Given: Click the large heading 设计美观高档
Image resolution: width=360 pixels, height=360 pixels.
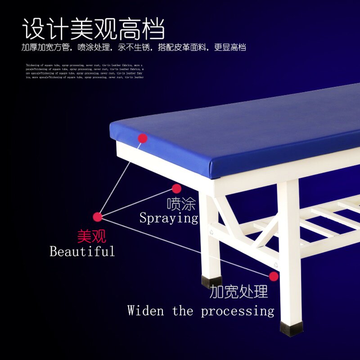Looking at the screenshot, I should [x=94, y=29].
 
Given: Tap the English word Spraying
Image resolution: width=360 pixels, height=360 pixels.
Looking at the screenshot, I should [x=169, y=218].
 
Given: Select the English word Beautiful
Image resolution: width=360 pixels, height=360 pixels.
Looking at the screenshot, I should [x=82, y=251].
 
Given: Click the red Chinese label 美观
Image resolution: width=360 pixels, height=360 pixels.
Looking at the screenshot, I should [x=91, y=236].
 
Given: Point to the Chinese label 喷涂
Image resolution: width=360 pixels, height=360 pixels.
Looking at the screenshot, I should [x=181, y=204].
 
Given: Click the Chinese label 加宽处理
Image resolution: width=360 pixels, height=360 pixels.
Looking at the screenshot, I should [x=238, y=292].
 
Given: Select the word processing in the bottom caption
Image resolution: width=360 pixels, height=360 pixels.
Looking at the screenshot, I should [x=237, y=311].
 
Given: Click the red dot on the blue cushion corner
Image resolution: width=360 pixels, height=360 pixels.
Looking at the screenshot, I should [x=143, y=138].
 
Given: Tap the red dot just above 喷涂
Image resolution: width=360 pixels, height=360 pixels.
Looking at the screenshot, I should [x=176, y=189].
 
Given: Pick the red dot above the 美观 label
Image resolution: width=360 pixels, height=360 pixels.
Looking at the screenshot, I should [x=98, y=217].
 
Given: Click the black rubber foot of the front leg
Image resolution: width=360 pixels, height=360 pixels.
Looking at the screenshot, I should [x=291, y=328].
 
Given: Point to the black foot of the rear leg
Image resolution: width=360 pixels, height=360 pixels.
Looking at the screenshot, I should [x=211, y=282].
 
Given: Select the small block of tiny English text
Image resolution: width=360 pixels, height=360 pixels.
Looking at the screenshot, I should [x=85, y=71].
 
